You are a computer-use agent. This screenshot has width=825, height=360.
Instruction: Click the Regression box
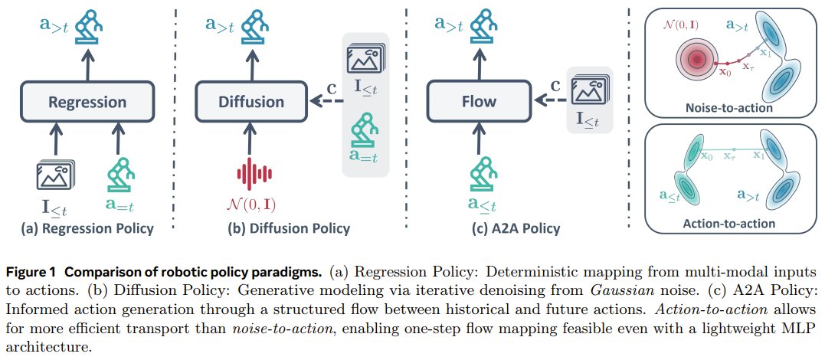(87, 102)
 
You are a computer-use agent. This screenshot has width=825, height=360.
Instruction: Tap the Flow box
(478, 102)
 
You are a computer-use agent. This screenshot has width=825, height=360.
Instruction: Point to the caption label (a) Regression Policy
(87, 228)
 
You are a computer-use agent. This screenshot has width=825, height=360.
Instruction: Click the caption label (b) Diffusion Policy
(290, 228)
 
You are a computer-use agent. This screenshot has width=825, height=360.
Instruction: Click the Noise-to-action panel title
(729, 109)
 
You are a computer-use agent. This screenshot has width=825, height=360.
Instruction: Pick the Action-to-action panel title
(729, 223)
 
